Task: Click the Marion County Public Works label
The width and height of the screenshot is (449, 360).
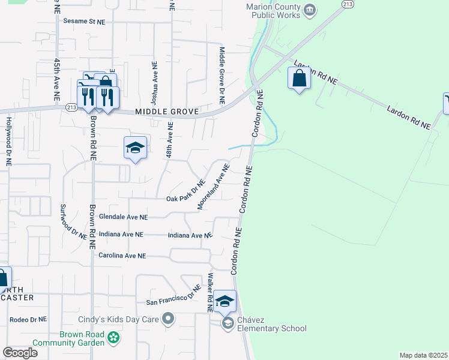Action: point(273,11)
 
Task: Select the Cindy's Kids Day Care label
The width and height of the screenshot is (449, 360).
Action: point(118,319)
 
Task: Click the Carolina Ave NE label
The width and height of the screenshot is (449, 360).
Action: point(122,256)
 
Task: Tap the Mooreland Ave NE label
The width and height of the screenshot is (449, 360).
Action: point(214,187)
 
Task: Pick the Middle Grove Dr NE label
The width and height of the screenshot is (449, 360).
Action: point(221,76)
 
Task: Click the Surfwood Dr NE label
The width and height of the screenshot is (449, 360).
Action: point(65,221)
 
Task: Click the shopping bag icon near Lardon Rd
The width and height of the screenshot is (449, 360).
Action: point(299,79)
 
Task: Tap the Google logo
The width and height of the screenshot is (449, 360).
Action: point(20,353)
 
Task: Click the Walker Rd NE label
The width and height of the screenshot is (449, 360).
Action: point(211,293)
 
